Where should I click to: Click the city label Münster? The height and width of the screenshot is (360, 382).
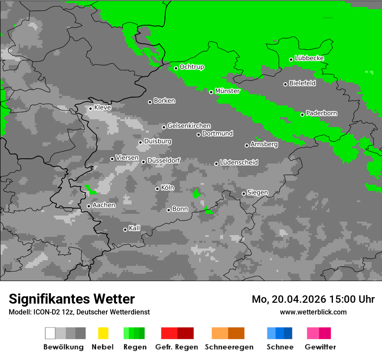[227, 91]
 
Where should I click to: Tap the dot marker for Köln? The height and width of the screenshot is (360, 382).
[157, 189]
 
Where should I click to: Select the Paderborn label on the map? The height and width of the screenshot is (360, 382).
[321, 113]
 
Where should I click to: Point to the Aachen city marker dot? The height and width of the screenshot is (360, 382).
[89, 206]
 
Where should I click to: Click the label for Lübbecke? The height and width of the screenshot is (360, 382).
[309, 58]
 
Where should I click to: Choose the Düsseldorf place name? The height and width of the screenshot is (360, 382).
[164, 160]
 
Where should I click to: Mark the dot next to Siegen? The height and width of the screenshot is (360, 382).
[244, 193]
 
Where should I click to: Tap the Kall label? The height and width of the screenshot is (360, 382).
[135, 228]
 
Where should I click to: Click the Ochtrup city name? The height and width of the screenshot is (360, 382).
[191, 67]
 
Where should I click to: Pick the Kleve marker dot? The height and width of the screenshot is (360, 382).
[90, 108]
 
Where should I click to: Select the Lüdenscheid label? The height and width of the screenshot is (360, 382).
[239, 162]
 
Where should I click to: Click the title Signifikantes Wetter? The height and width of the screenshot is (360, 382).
[72, 299]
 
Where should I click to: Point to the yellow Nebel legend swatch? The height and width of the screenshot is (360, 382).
[103, 333]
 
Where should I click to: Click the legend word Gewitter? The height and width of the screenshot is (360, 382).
[320, 347]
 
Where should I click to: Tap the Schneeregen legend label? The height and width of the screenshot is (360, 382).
[228, 347]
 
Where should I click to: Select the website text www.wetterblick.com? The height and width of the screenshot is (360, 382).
[313, 312]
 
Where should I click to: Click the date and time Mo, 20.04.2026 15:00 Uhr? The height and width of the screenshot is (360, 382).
[313, 299]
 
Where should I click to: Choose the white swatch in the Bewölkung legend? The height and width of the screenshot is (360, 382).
[50, 333]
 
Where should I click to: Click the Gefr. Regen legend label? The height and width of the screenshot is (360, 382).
[176, 347]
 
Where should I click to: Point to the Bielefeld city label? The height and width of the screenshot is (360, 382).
[302, 83]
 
